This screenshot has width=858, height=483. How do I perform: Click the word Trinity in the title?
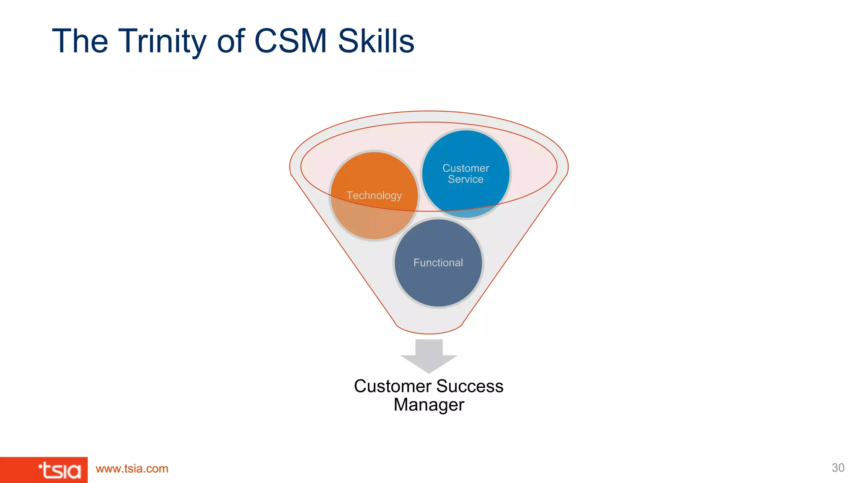pos(163,41)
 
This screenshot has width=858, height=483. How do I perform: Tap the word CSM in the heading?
pos(290,41)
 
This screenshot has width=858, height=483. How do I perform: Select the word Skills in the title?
pos(376,41)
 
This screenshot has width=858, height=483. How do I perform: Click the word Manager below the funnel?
pos(429,405)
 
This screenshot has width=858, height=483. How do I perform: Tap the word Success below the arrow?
pos(470,386)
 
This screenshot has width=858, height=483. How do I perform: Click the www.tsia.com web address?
pos(132,469)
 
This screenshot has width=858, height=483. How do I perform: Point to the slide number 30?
pos(838,468)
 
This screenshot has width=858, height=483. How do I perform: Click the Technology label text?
pos(374,195)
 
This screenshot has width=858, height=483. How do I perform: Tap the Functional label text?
pos(438,262)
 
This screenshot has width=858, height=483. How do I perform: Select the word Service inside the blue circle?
pos(465,179)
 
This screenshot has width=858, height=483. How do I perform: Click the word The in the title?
pos(80,41)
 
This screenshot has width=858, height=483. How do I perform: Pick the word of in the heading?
pos(231,41)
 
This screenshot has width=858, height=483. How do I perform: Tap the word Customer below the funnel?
pos(393,386)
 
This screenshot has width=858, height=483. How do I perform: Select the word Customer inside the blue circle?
pos(465,168)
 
